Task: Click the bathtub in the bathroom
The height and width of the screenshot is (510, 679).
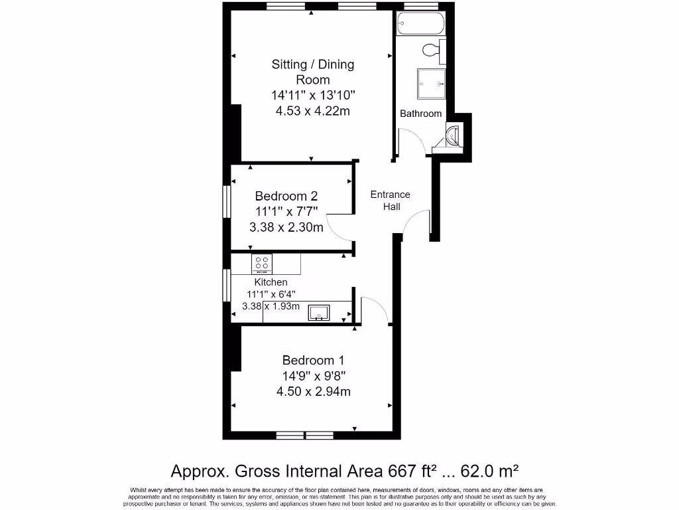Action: point(420,24)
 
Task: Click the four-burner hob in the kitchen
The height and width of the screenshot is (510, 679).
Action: point(262,264)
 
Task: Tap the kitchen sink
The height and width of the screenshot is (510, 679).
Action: point(319,311)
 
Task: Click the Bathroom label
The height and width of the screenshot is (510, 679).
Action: point(420,114)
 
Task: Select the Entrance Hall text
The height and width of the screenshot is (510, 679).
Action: point(390,201)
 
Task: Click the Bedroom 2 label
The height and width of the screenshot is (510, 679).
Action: point(286,196)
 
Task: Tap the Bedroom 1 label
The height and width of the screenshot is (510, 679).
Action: point(313,361)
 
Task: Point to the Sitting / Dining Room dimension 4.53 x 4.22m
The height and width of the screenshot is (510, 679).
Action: point(313,111)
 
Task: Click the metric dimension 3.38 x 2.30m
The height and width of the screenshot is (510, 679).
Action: point(286,228)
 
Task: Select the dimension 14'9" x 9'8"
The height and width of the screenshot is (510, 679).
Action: point(313,376)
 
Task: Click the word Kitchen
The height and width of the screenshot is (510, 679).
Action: point(271,282)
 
